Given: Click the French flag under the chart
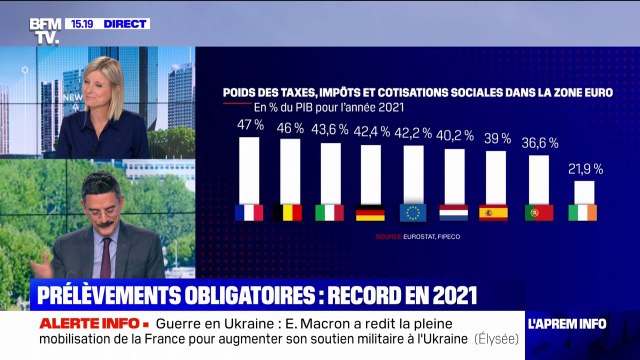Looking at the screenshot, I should (x=248, y=212).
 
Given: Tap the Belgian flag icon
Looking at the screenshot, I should (x=289, y=212).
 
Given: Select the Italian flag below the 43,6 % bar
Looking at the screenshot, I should (x=330, y=212).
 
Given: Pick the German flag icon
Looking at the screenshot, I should (x=371, y=212).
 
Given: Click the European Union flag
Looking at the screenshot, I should (x=413, y=212).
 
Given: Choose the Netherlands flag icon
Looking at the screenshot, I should (x=454, y=212).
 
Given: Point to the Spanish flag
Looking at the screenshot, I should (x=495, y=212).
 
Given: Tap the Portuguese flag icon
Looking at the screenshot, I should (x=539, y=212).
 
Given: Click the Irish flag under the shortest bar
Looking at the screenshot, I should (x=583, y=212).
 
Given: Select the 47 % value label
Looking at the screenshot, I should (x=249, y=125).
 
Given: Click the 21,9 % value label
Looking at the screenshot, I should (x=583, y=167).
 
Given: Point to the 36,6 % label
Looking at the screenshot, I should (x=539, y=143).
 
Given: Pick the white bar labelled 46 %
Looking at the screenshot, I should (x=289, y=170).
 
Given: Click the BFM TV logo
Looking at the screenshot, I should (x=44, y=30).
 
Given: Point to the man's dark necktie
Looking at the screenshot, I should (x=106, y=257).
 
